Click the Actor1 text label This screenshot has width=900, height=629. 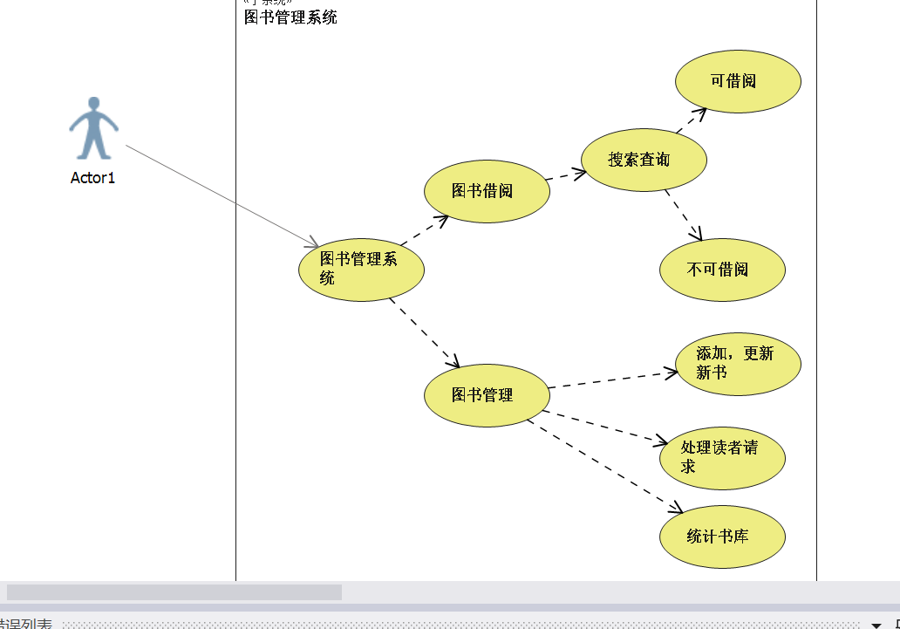pos(92,178)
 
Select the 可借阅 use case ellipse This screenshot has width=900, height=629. pos(738,81)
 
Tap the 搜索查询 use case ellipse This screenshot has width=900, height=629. pos(644,160)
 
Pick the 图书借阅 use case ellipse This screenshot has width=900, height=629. pos(487,191)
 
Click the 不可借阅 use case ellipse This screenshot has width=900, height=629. pos(722,270)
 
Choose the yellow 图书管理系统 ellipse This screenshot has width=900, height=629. pos(361,270)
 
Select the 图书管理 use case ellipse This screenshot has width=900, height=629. pos(487,395)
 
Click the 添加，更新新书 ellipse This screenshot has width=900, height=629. pos(738,364)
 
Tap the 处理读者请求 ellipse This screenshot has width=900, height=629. pos(722,458)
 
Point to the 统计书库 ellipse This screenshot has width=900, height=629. pos(722,537)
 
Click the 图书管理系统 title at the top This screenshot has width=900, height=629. pos(290,17)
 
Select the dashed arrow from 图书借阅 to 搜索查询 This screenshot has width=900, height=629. pos(565,175)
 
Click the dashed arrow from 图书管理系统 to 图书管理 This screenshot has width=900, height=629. pos(424,332)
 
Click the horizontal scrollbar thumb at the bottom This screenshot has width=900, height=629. pos(174,592)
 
